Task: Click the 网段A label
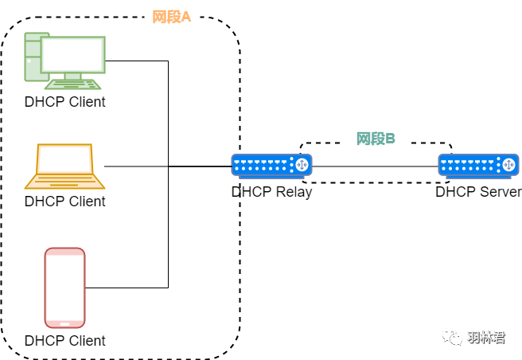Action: [172, 17]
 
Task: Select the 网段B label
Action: [376, 139]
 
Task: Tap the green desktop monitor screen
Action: [73, 55]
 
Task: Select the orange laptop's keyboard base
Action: [64, 182]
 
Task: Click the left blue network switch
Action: [271, 166]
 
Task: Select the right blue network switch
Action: [478, 166]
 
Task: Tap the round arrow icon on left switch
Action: [302, 165]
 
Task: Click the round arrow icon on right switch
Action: [508, 165]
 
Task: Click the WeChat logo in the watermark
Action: [452, 337]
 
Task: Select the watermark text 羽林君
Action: [485, 338]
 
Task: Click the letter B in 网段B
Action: [391, 139]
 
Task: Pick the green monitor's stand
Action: [73, 76]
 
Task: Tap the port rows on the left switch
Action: [263, 165]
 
